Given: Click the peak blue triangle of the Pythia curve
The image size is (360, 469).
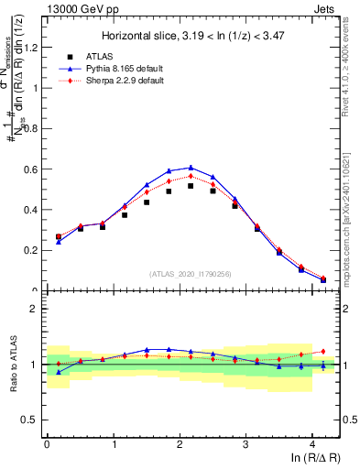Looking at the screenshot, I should point(191,168).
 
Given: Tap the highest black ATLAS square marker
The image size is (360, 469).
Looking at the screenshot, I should point(191,186).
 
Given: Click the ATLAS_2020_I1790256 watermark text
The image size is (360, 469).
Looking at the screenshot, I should point(191,274).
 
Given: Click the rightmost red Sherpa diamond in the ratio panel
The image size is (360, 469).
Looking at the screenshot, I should point(323,351).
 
